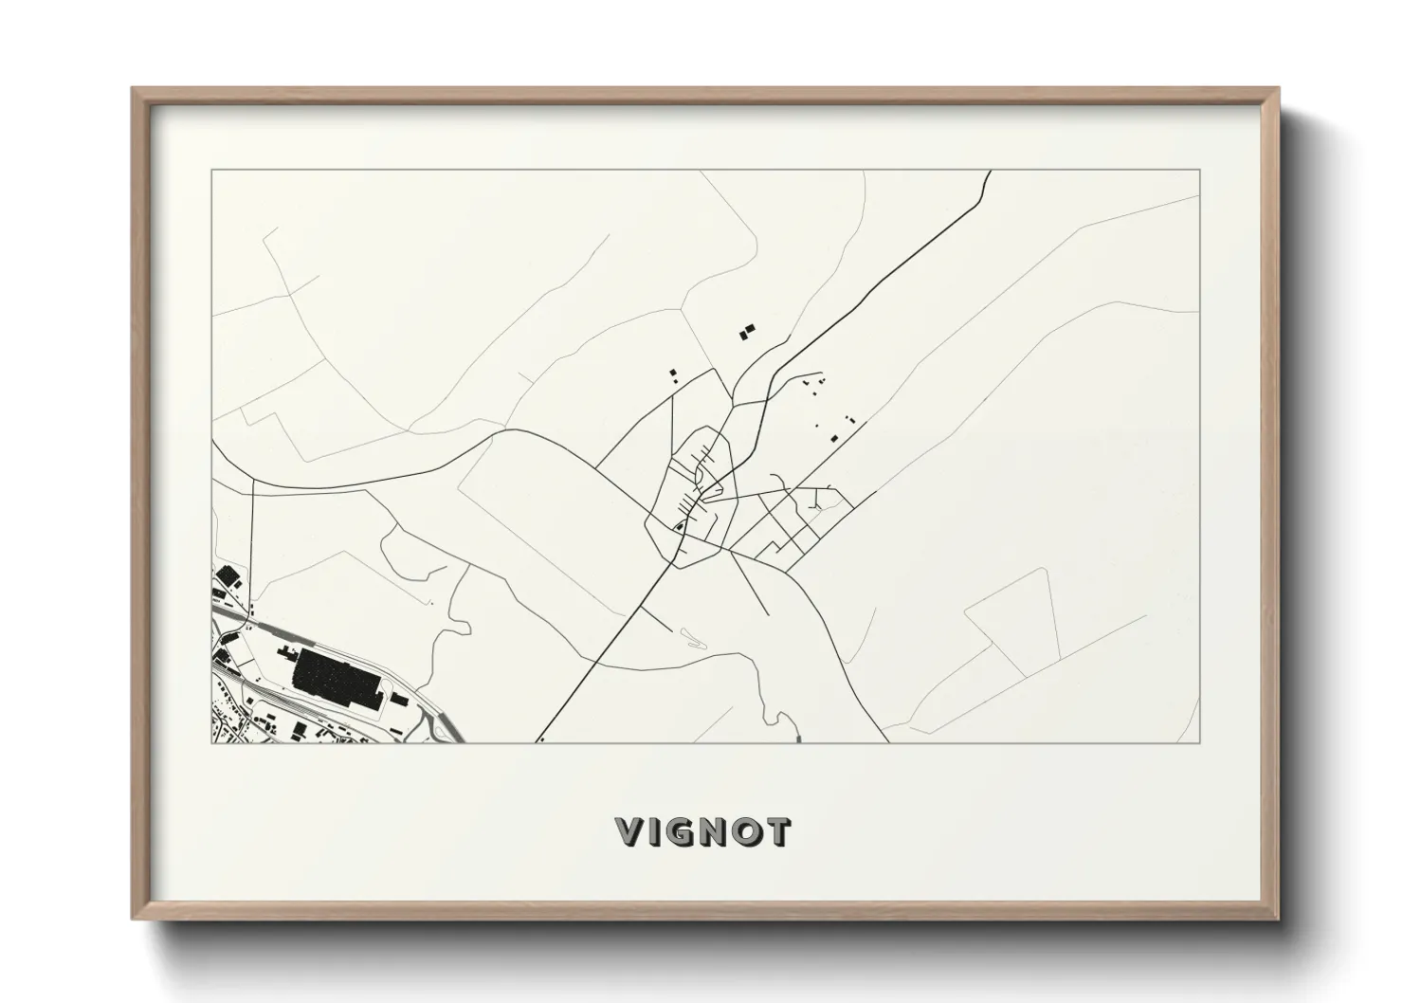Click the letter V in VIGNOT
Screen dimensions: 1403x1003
(x=630, y=831)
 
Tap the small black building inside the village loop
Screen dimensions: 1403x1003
(x=679, y=526)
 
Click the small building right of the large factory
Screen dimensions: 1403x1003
(x=400, y=701)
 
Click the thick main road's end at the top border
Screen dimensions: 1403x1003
(x=991, y=172)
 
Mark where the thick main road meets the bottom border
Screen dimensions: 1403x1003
(x=540, y=740)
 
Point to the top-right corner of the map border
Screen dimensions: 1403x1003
(x=1200, y=171)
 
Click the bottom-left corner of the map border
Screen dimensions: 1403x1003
(x=212, y=742)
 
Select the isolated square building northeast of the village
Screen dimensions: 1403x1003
(x=834, y=437)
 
